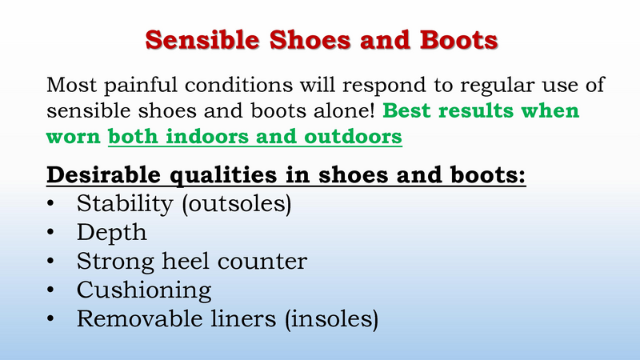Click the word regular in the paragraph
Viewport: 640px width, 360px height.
pyautogui.click(x=475, y=84)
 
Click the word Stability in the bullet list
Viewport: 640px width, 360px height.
pyautogui.click(x=124, y=204)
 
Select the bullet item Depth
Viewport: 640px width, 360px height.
pyautogui.click(x=112, y=233)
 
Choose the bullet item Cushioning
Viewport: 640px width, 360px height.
pyautogui.click(x=144, y=290)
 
